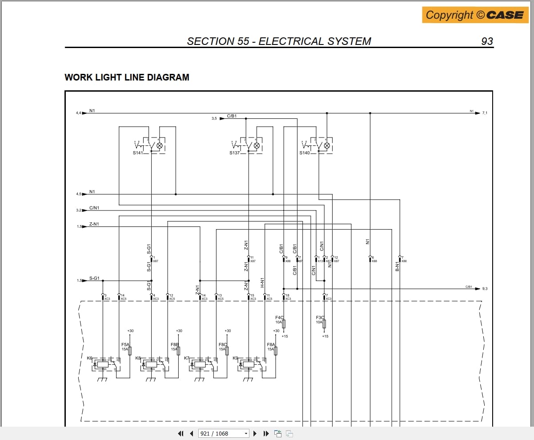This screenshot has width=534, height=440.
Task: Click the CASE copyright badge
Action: pos(475,15)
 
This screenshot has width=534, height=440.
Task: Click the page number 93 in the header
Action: pos(487,41)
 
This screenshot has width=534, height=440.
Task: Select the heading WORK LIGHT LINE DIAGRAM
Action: pos(127,77)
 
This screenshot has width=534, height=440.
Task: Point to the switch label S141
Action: pos(138,153)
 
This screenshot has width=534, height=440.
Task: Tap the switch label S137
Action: pos(235,153)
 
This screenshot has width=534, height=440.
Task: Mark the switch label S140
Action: pos(305,153)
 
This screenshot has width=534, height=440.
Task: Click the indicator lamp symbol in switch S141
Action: pos(160,145)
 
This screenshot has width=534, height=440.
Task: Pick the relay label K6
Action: pos(90,358)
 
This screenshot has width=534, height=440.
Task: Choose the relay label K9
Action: pos(236,358)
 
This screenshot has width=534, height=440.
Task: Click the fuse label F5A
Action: pos(125,344)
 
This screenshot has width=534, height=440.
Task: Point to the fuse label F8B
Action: pos(174,344)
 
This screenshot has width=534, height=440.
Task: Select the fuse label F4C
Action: pos(279,317)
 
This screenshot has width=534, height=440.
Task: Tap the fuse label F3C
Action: pos(320,317)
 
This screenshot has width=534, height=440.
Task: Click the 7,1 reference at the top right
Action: pos(485,113)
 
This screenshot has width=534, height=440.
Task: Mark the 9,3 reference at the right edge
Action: pos(485,289)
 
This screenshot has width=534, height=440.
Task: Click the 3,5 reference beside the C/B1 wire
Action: pos(214,118)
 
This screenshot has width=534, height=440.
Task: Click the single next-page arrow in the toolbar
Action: pos(255,433)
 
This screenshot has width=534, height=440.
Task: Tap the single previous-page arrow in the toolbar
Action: pos(191,433)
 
